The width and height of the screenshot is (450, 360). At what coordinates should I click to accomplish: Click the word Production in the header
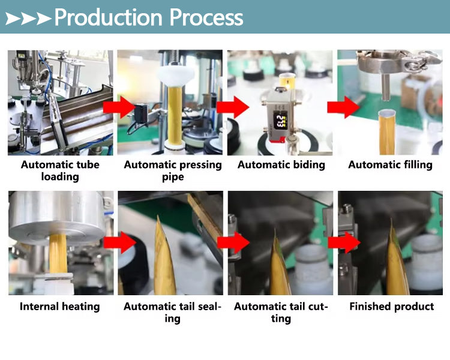tap(109, 17)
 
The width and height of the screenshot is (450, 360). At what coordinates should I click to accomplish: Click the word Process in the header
tap(206, 17)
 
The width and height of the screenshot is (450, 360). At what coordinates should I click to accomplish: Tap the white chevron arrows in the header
tap(28, 19)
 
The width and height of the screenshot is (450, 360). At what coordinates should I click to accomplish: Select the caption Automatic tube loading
tap(60, 170)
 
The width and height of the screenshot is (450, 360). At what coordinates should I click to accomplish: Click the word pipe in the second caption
tap(173, 177)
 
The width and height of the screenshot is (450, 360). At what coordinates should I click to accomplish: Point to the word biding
tap(306, 164)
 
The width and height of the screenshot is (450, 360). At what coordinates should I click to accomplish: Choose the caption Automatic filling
tap(391, 164)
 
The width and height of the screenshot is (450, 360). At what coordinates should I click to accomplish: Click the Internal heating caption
tap(59, 307)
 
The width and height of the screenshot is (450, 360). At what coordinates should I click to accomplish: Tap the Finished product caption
tap(392, 307)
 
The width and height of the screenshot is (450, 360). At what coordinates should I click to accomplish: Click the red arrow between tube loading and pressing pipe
tap(119, 107)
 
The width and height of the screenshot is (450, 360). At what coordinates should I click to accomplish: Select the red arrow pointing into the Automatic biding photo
tap(233, 107)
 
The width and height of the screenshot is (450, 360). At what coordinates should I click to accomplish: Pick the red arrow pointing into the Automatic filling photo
tap(343, 107)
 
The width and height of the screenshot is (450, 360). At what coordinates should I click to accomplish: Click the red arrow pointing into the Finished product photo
tap(344, 242)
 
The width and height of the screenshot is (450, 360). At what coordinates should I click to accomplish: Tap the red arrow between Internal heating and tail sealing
tap(120, 242)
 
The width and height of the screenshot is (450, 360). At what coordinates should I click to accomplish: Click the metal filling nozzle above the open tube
tap(385, 86)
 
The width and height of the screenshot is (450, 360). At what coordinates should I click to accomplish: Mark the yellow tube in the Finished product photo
tap(397, 262)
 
